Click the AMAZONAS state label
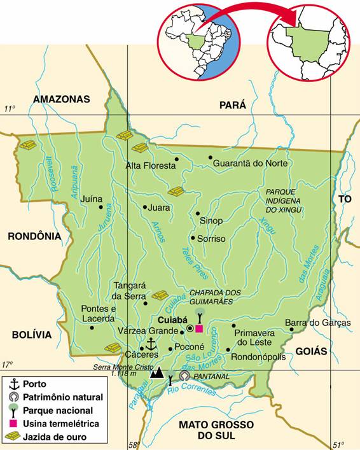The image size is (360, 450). coord(61,99)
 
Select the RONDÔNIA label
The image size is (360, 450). coord(34,236)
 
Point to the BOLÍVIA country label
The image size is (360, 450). coord(31,335)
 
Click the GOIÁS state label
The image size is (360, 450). coord(311,351)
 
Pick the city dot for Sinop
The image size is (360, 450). coord(198,214)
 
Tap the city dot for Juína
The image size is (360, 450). coord(100,206)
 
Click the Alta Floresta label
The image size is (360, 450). coord(150,165)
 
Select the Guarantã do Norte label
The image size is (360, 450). coord(250,164)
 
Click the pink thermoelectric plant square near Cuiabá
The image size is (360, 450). coord(199,328)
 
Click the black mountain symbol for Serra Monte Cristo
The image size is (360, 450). coord(156,373)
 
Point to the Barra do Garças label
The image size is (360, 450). coord(317,323)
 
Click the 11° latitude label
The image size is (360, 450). coord(10,109)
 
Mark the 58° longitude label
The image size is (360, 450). coord(133,445)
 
